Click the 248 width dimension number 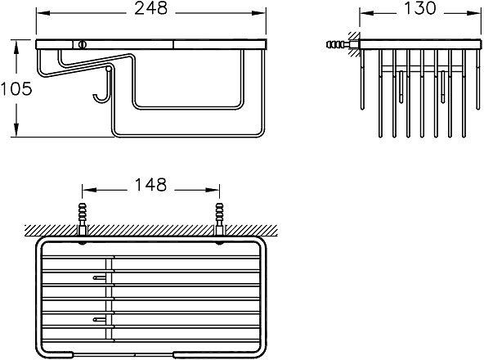click(x=151, y=8)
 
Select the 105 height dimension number click(x=16, y=88)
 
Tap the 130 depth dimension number click(x=419, y=8)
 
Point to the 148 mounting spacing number click(x=150, y=184)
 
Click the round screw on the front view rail click(x=82, y=44)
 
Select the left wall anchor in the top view click(x=83, y=218)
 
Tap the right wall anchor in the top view click(x=219, y=218)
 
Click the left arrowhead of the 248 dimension click(x=43, y=13)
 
